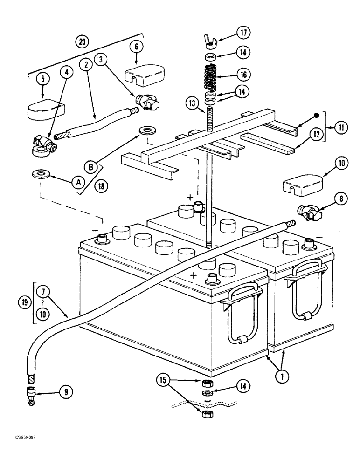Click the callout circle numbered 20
(83, 41)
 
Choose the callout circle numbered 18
(102, 185)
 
